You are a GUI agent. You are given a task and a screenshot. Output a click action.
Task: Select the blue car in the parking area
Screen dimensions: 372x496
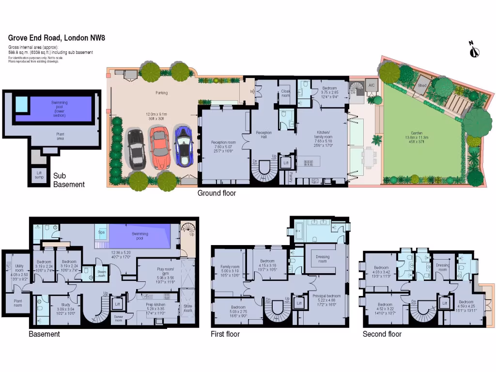184,145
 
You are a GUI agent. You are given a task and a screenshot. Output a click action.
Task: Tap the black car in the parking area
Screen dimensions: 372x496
136,149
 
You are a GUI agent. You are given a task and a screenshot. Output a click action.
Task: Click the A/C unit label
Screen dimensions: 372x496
372,85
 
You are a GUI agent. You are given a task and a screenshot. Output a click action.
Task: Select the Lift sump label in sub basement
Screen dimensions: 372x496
38,175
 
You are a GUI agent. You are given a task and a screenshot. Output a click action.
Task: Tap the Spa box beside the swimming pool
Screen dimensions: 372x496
102,232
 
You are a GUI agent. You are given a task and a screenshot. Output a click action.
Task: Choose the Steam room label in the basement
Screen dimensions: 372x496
102,274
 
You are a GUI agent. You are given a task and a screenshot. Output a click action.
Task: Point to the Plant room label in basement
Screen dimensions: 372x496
18,303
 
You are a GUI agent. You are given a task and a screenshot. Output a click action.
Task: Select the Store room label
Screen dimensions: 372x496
188,308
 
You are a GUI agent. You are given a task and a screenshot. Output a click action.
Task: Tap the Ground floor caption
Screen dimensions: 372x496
217,193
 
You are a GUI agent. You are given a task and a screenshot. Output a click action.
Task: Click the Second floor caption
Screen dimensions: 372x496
382,334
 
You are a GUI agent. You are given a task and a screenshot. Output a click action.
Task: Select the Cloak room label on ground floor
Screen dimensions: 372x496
285,93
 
